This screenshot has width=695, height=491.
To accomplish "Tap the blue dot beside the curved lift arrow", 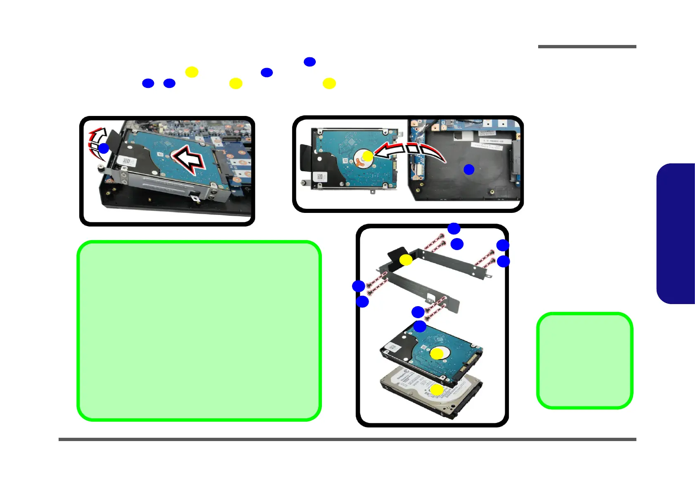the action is pos(104,149).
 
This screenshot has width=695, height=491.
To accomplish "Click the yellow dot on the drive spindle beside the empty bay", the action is pos(367,156).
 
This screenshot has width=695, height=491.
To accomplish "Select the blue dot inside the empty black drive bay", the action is pos(469,169).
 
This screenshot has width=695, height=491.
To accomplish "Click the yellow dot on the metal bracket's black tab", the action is pos(406,260).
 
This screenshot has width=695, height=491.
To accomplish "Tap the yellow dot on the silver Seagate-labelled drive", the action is pos(437,390).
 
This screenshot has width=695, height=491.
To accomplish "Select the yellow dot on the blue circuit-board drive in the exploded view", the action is pos(437,354).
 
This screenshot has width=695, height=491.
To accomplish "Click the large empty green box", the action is pos(199,330).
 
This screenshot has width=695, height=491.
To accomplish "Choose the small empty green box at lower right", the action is pos(584,361).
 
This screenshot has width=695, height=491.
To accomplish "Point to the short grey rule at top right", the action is pos(587,47).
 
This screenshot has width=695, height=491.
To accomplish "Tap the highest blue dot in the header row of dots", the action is pos(310,62).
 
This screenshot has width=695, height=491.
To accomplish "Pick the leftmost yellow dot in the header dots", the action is pos(191,72).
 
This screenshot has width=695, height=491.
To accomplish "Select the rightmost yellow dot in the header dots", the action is pos(329,83).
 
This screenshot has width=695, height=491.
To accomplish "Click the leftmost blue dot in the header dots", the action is pos(148,83).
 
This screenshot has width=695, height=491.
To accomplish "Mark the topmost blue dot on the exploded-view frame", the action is pos(454,228).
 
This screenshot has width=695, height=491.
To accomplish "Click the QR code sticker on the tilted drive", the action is pos(127,161).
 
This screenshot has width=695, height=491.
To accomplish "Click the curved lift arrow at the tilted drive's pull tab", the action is pos(97,142).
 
